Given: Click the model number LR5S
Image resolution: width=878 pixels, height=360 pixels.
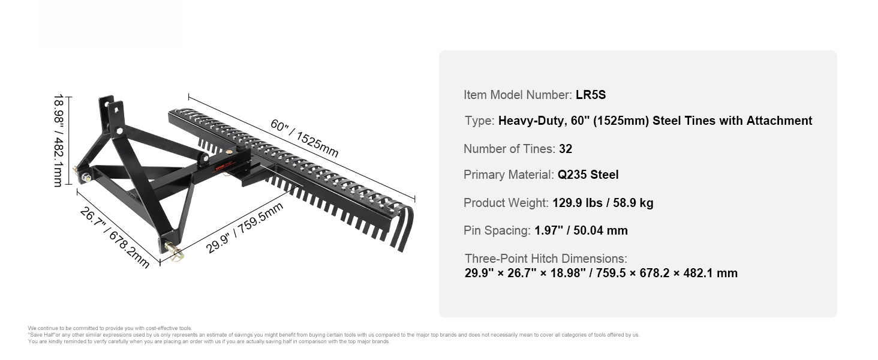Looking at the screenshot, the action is pos(591,95).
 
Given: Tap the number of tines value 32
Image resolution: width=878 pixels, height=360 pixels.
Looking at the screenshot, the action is pos(565,149).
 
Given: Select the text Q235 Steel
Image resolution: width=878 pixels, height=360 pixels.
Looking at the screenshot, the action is pos(588,175).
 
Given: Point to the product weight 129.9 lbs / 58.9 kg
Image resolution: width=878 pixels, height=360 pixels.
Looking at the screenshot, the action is pos(603,203).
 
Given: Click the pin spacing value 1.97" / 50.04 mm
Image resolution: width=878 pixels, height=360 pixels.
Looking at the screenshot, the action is pos(581,230).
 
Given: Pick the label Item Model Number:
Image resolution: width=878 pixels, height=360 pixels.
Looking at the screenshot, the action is pos(518,95).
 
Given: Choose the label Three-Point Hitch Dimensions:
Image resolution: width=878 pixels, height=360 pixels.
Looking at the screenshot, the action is pos(546,259).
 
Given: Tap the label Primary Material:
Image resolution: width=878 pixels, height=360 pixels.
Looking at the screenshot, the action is pos(509,175).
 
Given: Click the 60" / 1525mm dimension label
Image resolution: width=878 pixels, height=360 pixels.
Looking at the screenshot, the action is pos(305,137).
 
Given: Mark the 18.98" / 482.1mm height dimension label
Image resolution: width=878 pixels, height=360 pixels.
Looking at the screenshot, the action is pos(59,140).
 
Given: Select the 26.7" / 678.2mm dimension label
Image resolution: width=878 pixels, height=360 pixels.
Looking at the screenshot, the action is pos(115,238).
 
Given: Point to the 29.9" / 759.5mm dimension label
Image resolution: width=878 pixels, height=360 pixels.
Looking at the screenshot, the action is pos(245,228).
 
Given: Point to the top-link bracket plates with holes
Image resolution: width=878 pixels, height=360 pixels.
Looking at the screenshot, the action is pos(111,114).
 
